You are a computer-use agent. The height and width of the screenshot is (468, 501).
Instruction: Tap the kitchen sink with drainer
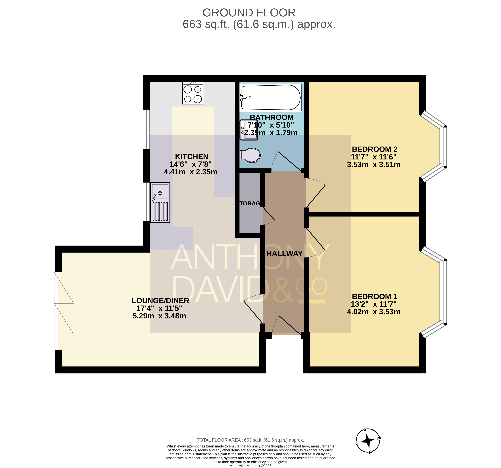(x=160, y=202)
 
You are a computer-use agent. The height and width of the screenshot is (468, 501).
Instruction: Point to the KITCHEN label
(x=192, y=157)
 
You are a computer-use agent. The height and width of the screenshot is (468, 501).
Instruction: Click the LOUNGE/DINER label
(x=160, y=301)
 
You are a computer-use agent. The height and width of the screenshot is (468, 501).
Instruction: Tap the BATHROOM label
(x=272, y=118)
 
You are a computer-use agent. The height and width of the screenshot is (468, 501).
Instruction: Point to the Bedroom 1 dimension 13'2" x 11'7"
(x=374, y=304)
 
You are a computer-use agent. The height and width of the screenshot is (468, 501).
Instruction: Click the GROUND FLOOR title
(x=249, y=13)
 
